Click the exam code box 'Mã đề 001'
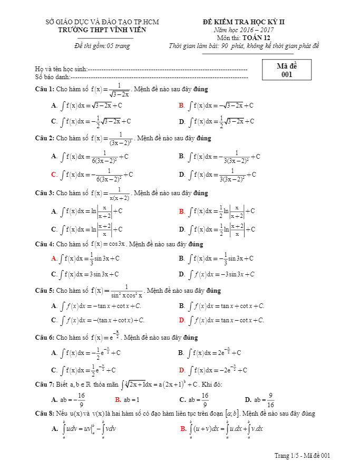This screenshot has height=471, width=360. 286,70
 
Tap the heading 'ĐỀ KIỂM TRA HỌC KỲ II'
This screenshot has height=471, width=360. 244,22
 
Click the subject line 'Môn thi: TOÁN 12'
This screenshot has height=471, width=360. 244,38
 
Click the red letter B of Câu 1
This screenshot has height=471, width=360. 181,105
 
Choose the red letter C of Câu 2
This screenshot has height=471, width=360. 54,174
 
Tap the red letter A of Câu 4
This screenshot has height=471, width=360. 54,258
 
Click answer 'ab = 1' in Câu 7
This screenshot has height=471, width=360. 131,400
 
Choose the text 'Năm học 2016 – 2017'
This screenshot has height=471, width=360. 244,30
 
